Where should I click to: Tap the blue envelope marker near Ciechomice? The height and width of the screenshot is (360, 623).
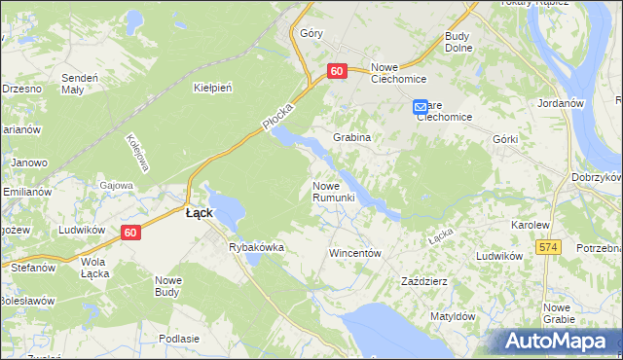tap(420, 106)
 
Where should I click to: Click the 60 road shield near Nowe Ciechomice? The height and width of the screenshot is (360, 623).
tap(337, 71)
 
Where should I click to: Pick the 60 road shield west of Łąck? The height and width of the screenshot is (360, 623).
tap(131, 233)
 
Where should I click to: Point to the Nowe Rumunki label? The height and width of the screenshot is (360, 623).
tap(339, 192)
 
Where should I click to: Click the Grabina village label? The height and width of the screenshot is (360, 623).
tap(352, 137)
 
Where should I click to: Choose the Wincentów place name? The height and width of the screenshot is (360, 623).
tap(353, 252)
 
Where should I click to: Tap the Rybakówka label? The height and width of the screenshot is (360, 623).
tap(256, 247)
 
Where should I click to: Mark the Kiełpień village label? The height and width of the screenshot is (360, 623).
tap(212, 88)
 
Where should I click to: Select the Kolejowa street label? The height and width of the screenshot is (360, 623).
tap(135, 153)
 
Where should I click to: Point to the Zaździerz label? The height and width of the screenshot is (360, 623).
tap(424, 281)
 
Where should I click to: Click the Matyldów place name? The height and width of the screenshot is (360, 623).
tap(452, 316)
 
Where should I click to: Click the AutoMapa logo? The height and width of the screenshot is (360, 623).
tap(558, 341)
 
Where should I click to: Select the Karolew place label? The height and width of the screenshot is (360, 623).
tap(531, 224)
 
